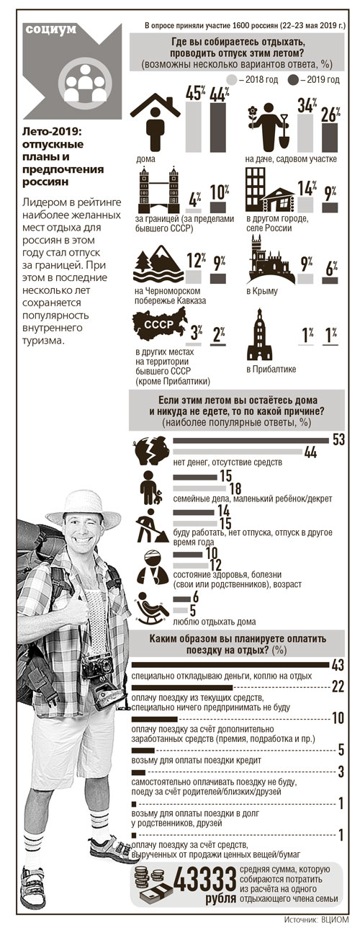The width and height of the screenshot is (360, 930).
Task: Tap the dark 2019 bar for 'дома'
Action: (x=218, y=128)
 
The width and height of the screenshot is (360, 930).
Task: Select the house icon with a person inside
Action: (x=155, y=120)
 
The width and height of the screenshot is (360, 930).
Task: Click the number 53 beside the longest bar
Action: (x=339, y=439)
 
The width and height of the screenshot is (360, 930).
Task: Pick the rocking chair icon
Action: (x=152, y=608)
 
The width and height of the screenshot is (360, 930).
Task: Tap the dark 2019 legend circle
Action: (x=294, y=79)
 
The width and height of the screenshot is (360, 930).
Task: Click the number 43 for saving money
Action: (x=338, y=665)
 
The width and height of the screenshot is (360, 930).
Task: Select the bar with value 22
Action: (x=182, y=687)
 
